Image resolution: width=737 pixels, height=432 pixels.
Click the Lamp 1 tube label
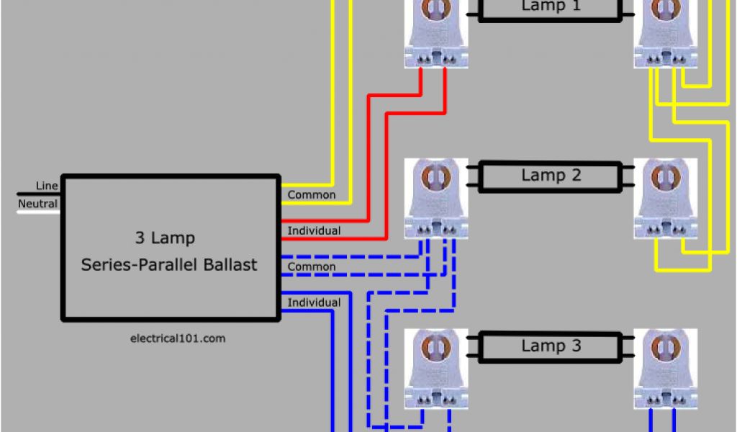[551, 6]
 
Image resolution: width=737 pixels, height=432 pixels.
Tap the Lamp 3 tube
[551, 346]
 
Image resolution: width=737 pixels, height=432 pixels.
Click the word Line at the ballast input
[47, 186]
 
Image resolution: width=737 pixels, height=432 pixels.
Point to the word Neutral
[37, 204]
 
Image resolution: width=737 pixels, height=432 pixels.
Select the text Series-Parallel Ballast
[169, 265]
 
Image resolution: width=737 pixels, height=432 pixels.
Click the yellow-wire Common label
[312, 195]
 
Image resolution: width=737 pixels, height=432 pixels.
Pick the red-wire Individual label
[315, 231]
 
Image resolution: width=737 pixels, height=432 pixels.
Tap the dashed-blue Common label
[312, 267]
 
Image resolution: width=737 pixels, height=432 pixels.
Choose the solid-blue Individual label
[315, 302]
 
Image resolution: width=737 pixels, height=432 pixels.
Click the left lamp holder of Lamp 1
[436, 32]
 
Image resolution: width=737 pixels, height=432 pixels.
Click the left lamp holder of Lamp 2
[436, 198]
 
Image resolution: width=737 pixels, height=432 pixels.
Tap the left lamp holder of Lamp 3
[436, 369]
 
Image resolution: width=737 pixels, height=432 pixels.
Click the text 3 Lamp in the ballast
[165, 238]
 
